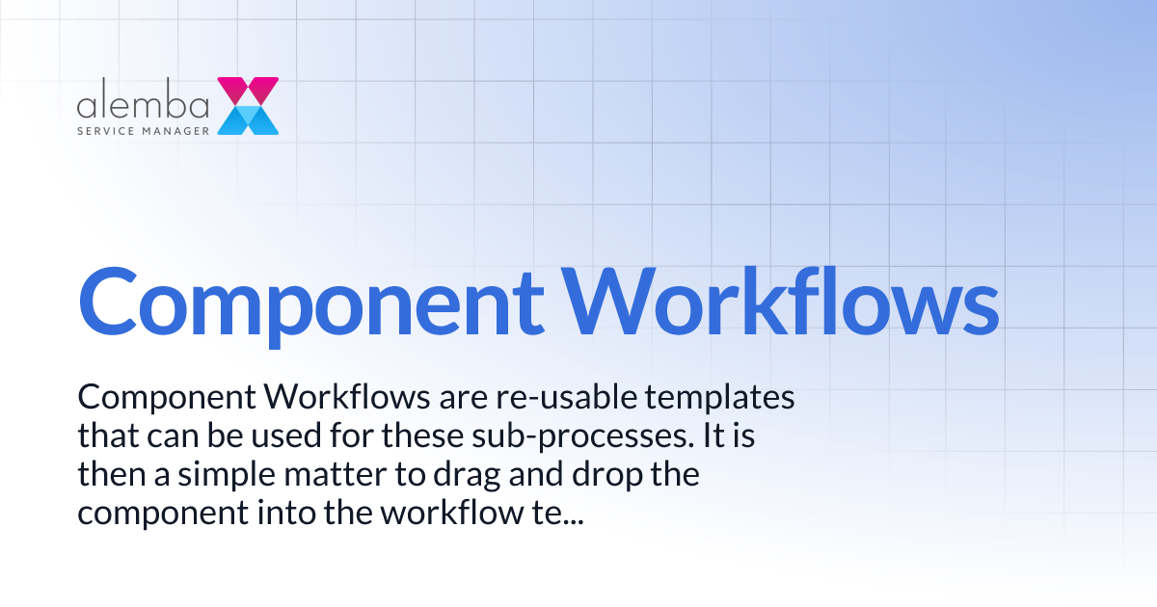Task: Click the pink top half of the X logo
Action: pos(248,91)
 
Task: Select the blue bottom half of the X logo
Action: pos(248,119)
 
